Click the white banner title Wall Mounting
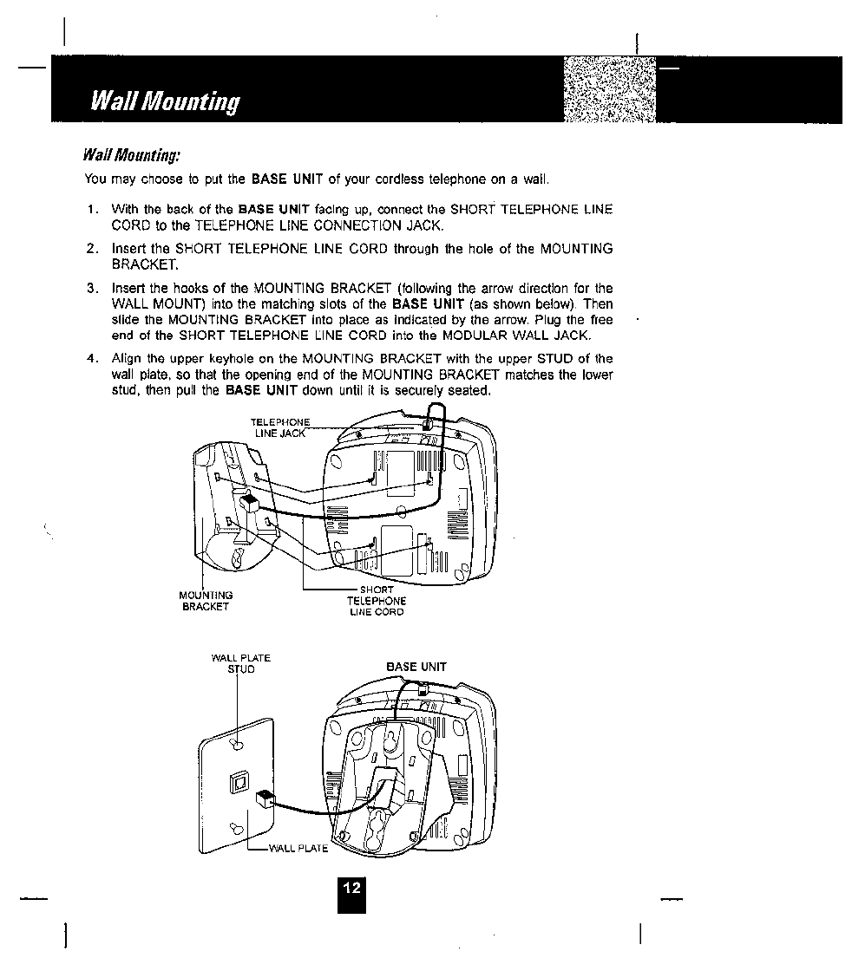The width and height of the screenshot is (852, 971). point(165,102)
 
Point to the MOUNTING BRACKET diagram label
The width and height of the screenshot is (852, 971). point(206,601)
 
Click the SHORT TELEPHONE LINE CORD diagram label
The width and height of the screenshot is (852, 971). point(377,601)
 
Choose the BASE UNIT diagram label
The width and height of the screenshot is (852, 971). point(416,667)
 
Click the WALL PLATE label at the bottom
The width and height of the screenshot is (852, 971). point(298,848)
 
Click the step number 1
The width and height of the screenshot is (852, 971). point(91,210)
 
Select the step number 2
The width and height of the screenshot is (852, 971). point(91,249)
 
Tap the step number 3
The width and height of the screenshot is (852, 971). point(91,288)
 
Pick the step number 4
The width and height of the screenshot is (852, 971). point(91,359)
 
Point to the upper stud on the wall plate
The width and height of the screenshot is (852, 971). point(237,743)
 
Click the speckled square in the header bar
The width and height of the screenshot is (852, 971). point(609,91)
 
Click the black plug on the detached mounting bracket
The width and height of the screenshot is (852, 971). point(250,504)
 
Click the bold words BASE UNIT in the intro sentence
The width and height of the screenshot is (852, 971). point(286,179)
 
